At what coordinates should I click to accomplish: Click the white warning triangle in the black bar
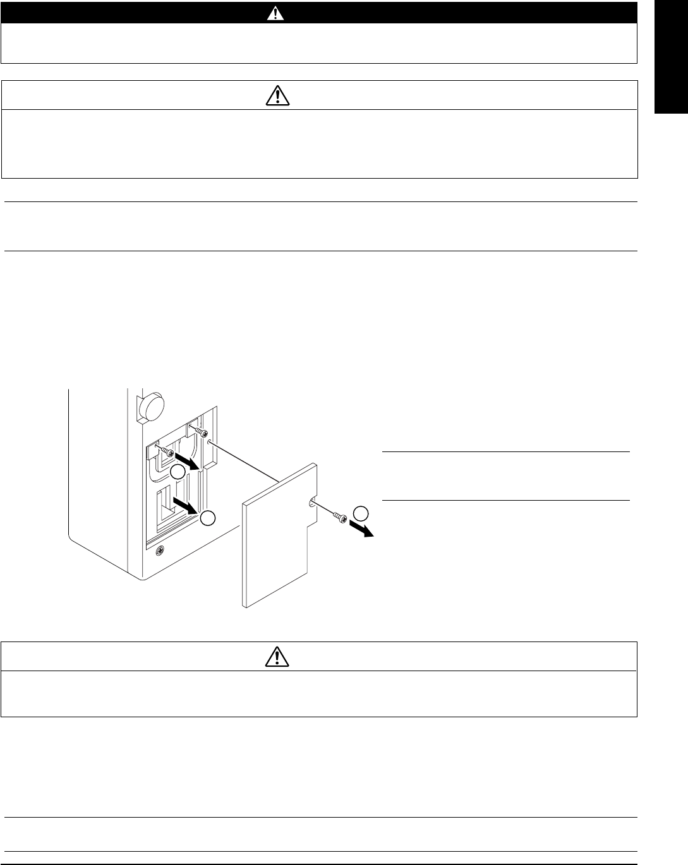click(x=271, y=13)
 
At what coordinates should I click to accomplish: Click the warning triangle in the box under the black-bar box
click(x=277, y=95)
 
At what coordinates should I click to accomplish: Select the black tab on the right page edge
click(x=671, y=57)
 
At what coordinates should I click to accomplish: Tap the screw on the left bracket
click(x=165, y=451)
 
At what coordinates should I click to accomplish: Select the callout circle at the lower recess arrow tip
click(x=208, y=518)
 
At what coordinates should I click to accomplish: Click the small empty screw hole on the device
click(x=209, y=444)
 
